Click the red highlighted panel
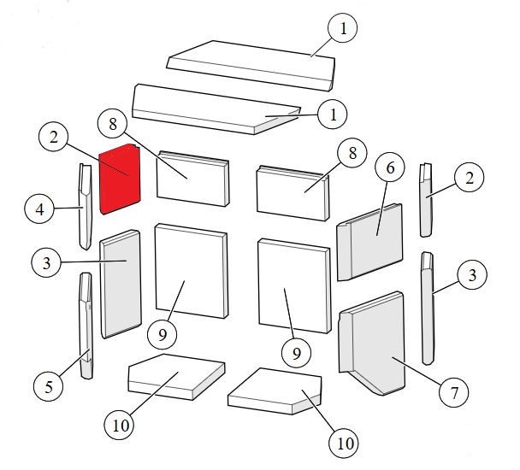(x=120, y=179)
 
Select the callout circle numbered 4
(x=39, y=209)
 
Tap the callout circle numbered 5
(x=49, y=386)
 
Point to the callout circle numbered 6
(x=390, y=167)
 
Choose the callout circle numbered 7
(x=453, y=393)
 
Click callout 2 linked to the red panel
(x=53, y=137)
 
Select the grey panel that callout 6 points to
(x=369, y=242)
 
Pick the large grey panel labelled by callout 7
(x=372, y=344)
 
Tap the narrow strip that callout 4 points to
(x=86, y=207)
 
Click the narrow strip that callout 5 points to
(x=86, y=326)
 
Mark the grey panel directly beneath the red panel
(x=121, y=284)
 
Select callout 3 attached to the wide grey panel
(x=46, y=262)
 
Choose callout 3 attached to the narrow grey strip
(x=472, y=275)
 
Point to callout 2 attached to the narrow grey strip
(x=470, y=178)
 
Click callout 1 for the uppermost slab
(x=343, y=27)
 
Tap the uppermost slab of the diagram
(x=251, y=66)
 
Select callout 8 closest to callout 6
(x=352, y=153)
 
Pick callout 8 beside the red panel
(x=113, y=125)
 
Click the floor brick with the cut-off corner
(x=275, y=391)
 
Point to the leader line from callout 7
(x=417, y=371)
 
